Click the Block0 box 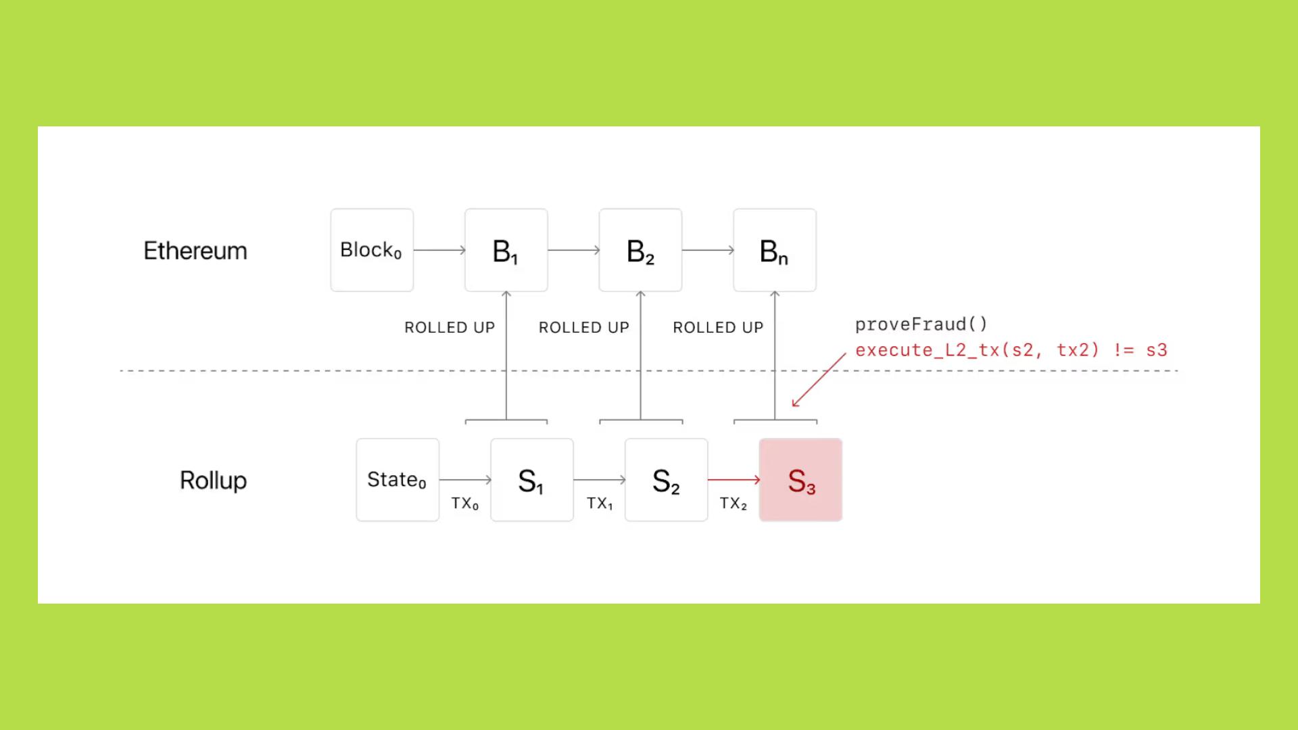[372, 250]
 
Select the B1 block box [506, 250]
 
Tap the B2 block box [640, 250]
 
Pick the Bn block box [775, 250]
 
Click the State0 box [398, 480]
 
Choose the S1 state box [532, 480]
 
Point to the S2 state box [666, 480]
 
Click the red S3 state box [800, 480]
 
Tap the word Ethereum [195, 251]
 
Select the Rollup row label [213, 481]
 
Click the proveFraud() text [921, 324]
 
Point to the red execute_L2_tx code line [1011, 350]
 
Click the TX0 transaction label [465, 504]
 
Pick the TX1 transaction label [600, 504]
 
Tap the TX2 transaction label [734, 504]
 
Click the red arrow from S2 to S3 [734, 479]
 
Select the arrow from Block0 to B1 [439, 250]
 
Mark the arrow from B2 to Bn [707, 250]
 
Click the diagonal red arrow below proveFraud [819, 380]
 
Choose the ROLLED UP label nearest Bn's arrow [718, 328]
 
